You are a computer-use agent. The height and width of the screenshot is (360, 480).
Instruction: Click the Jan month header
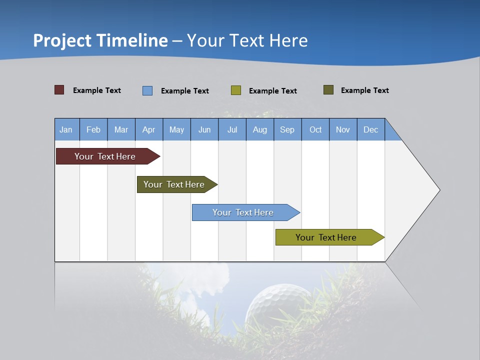[66, 129]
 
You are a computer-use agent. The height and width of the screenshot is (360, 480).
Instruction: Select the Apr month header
[149, 129]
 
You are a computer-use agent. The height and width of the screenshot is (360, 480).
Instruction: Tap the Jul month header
[232, 129]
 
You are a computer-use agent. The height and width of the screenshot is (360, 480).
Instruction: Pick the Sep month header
[287, 129]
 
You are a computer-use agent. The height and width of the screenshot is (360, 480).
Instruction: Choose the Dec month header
[370, 129]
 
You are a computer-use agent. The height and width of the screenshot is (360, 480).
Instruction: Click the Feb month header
[93, 129]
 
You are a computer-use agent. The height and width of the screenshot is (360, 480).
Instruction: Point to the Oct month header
[315, 129]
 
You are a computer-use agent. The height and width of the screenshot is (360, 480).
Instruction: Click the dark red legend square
[59, 90]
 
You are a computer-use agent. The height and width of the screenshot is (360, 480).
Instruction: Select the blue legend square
[147, 90]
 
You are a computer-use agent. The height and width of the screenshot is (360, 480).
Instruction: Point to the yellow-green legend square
[236, 90]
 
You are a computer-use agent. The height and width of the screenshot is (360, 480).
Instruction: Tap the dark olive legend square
[328, 90]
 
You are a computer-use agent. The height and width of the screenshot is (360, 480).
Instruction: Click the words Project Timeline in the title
[100, 40]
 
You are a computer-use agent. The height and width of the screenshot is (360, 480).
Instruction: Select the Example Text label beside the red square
[97, 90]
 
